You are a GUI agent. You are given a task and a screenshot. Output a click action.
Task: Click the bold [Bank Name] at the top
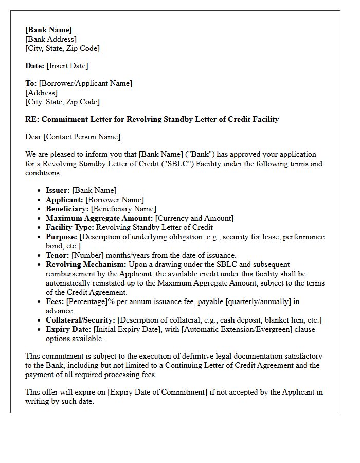click(49, 30)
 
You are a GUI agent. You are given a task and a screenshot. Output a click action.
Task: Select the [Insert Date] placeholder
click(67, 66)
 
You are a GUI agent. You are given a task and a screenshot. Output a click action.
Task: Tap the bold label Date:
click(34, 66)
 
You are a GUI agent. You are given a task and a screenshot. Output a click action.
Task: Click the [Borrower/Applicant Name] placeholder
click(85, 83)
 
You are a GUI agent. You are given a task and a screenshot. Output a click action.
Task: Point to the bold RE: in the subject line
click(32, 119)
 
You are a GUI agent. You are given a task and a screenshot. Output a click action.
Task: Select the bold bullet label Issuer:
click(58, 190)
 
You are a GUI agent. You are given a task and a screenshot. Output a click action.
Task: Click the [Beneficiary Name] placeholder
click(123, 209)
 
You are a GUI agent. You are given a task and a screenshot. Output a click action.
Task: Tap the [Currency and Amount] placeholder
click(194, 218)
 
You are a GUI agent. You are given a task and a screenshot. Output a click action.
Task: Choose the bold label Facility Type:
click(70, 227)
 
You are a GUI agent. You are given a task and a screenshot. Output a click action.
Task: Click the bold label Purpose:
click(62, 237)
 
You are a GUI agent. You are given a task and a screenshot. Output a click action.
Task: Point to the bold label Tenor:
click(58, 255)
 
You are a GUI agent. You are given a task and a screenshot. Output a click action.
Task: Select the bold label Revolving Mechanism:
click(86, 264)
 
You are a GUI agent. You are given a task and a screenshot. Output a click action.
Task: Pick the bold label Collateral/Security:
click(80, 320)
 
